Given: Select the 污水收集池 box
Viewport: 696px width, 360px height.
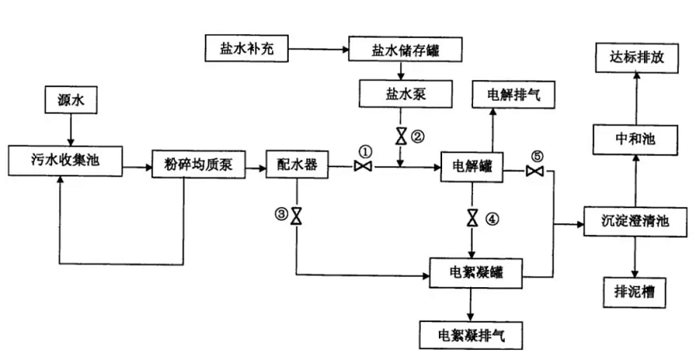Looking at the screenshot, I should (x=66, y=161).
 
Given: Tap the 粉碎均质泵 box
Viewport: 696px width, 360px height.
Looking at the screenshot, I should (x=198, y=166).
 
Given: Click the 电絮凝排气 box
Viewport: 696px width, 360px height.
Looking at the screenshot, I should (x=471, y=333).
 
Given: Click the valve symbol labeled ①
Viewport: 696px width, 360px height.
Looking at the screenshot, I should (x=364, y=166).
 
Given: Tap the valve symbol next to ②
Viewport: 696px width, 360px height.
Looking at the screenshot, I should (x=401, y=135).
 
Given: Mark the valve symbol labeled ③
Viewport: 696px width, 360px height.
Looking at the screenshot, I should (x=296, y=215).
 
